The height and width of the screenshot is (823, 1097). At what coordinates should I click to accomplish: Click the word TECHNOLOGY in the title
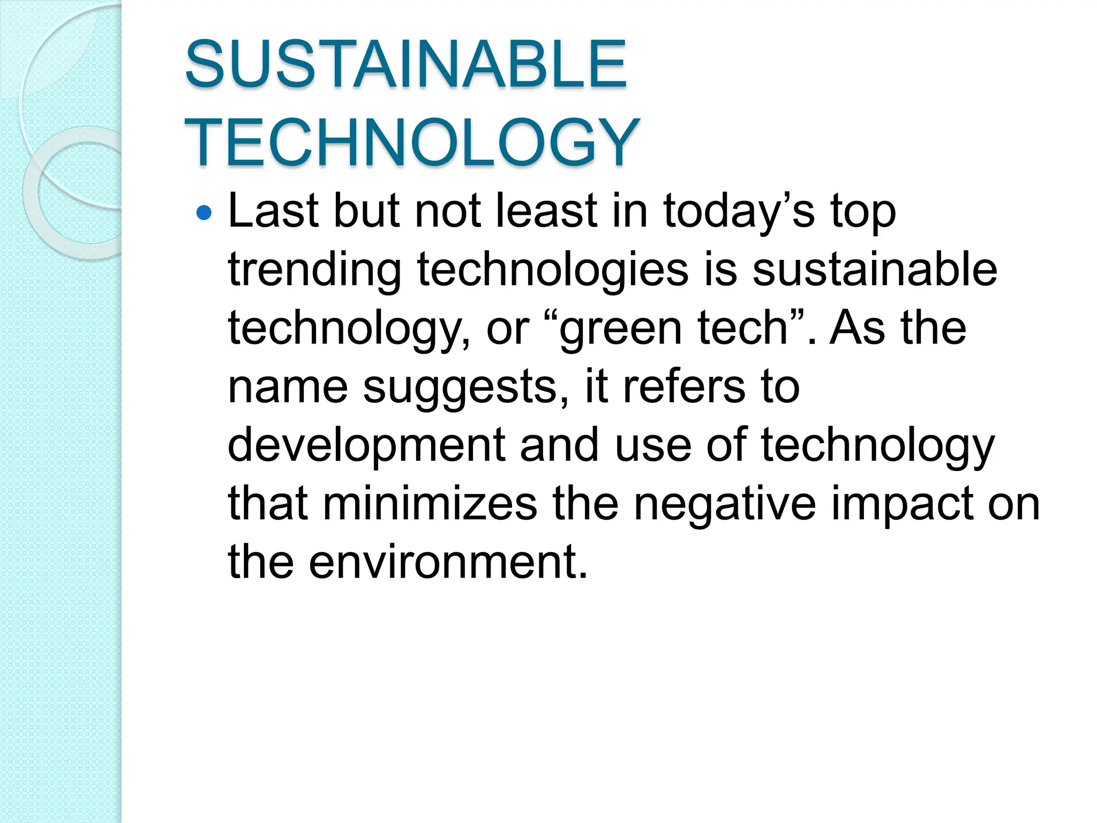(412, 143)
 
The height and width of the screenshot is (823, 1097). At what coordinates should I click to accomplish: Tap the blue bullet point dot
(204, 214)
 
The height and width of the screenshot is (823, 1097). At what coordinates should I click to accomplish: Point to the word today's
(739, 212)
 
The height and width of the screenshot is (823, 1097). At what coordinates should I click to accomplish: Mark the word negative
(725, 504)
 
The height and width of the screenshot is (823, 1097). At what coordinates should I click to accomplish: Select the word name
(288, 387)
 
